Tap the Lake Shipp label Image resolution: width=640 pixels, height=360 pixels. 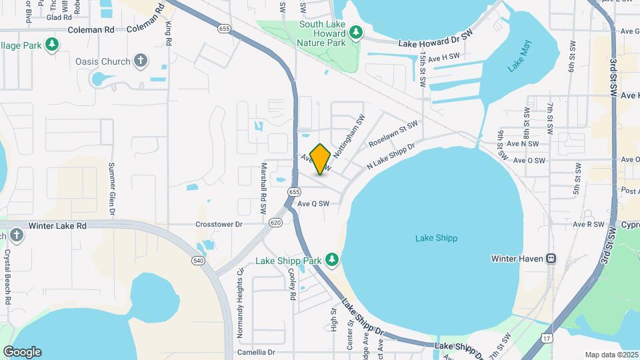(x=436, y=238)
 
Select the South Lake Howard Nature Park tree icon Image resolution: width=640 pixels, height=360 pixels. (x=356, y=32)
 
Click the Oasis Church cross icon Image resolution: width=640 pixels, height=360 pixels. (x=140, y=62)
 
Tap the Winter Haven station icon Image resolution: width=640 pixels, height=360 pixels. (x=551, y=259)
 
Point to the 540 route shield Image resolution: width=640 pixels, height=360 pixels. (x=197, y=259)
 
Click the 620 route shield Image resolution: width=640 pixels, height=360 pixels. (x=277, y=223)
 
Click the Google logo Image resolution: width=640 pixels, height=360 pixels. (x=22, y=351)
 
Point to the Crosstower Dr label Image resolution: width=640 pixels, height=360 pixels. (x=219, y=225)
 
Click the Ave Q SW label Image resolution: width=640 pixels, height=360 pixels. (x=313, y=203)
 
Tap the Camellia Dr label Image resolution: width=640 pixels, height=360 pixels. (x=256, y=352)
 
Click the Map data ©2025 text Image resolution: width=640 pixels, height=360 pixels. (x=611, y=355)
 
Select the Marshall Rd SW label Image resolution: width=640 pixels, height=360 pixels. (x=264, y=188)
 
